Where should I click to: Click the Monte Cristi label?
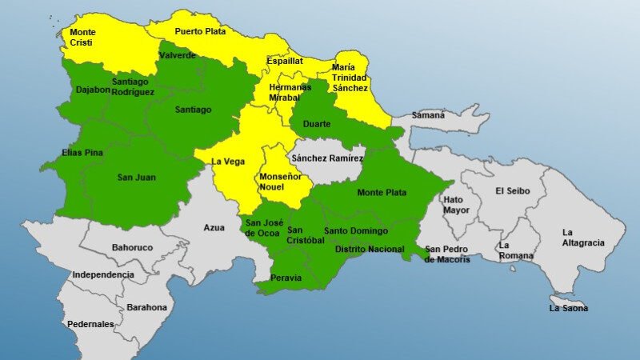coord(82,38)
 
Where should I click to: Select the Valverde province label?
coord(178,55)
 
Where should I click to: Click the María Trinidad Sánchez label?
coord(350,78)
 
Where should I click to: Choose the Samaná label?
coord(428,115)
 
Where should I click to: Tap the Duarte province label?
coord(316,123)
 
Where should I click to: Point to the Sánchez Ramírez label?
coord(327,158)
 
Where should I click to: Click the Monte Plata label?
coord(382,192)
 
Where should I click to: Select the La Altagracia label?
coord(582,238)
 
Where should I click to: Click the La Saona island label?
coord(568,308)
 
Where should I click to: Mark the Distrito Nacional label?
coord(370,250)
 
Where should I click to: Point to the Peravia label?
coord(286,278)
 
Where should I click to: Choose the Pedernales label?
coord(90,324)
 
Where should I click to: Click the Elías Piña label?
coord(82,152)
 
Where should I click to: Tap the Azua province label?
coord(214,228)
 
